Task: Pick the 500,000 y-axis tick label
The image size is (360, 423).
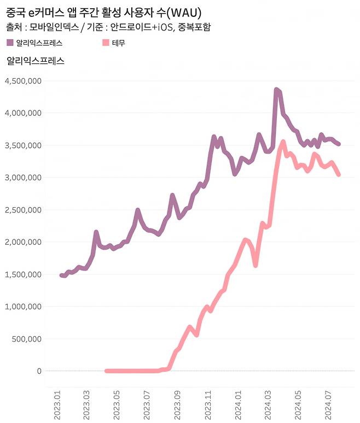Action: pyautogui.click(x=26, y=339)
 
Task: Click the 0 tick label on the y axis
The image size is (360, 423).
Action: pyautogui.click(x=39, y=371)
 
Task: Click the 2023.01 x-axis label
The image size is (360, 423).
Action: pyautogui.click(x=58, y=404)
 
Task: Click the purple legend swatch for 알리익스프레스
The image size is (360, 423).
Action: pyautogui.click(x=10, y=42)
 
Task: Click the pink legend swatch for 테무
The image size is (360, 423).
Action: pyautogui.click(x=106, y=42)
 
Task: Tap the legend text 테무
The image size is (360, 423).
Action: pyautogui.click(x=118, y=42)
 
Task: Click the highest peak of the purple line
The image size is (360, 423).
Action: pyautogui.click(x=276, y=90)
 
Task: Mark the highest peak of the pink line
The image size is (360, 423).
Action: pyautogui.click(x=283, y=142)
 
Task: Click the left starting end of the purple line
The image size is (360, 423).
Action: pyautogui.click(x=61, y=275)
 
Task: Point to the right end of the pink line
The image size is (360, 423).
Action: pyautogui.click(x=339, y=175)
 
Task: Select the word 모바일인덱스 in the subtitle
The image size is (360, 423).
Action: pyautogui.click(x=51, y=26)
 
